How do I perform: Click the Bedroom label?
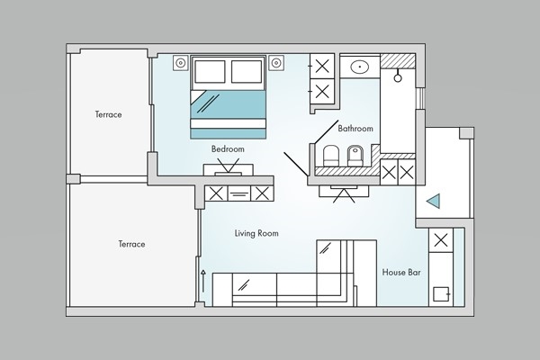[228, 149]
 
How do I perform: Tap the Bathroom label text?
[355, 129]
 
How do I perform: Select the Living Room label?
[256, 233]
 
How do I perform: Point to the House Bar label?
[401, 272]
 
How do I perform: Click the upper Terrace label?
[109, 114]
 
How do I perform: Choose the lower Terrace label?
[131, 244]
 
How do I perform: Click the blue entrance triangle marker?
[433, 201]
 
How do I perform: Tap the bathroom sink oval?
[360, 66]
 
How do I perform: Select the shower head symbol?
[398, 76]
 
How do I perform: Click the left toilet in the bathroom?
[331, 156]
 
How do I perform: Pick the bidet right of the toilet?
[356, 156]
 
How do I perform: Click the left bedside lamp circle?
[181, 63]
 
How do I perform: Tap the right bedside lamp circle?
[276, 63]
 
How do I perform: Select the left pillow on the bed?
[210, 72]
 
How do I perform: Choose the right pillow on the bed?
[247, 72]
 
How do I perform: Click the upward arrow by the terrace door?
[203, 281]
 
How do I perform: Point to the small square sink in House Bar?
[441, 294]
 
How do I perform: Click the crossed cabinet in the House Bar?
[441, 240]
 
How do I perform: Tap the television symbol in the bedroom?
[228, 167]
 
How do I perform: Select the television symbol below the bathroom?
[344, 193]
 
